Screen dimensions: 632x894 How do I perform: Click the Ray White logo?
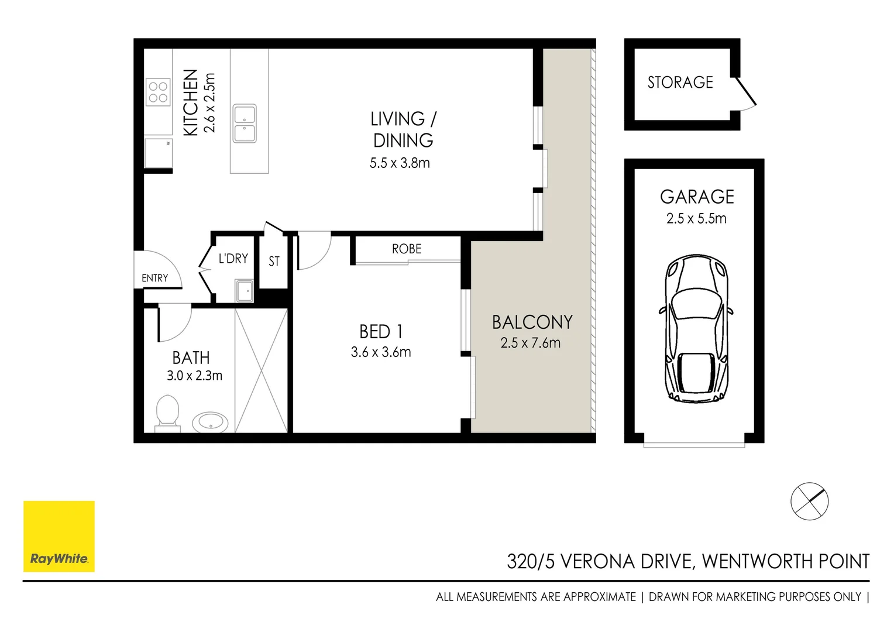pos(59,536)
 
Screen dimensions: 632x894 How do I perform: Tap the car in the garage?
pos(696,329)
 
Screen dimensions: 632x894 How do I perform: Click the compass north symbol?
pos(809,501)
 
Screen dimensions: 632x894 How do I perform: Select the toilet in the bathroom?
pos(167,412)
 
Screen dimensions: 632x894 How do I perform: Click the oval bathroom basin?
pos(210,421)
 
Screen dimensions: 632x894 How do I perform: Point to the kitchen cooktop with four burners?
pos(158,92)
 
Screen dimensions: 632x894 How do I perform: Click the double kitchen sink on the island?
pos(245,123)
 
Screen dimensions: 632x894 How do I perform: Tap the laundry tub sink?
pos(245,291)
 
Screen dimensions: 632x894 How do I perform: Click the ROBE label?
pos(407,249)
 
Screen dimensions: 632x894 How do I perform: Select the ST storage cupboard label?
pos(274,262)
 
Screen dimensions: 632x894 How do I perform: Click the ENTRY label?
pos(154,278)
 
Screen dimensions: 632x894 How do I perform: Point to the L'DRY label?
pos(233,259)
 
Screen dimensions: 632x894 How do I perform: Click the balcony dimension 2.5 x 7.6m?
pos(530,344)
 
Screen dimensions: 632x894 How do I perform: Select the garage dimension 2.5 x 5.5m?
pos(696,219)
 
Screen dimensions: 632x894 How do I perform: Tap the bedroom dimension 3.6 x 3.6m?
pos(381,352)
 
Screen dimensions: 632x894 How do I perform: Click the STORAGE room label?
pos(680,83)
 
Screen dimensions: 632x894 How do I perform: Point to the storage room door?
pos(745,94)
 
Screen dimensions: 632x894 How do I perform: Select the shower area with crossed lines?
pos(261,370)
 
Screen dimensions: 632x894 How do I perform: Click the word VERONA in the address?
pos(597,562)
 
